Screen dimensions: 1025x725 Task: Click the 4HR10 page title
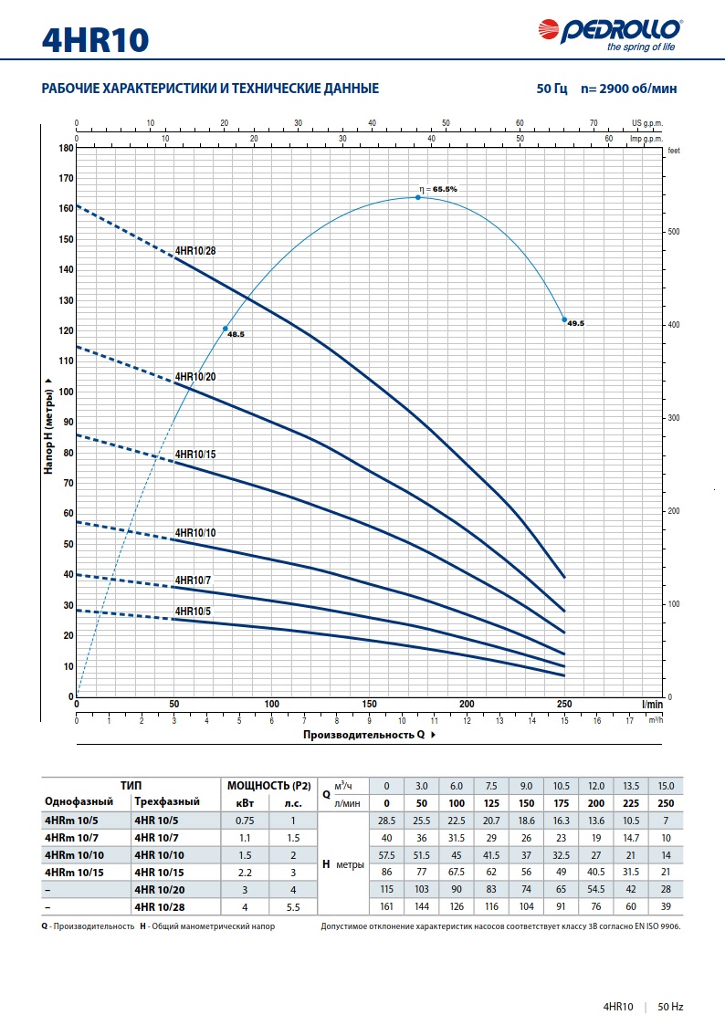coord(95,39)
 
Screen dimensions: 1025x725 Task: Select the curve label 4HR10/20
coord(195,376)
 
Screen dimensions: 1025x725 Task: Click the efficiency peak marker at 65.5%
coord(418,197)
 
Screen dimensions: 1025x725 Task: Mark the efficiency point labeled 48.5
coord(225,329)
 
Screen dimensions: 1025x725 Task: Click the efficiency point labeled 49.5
coord(564,319)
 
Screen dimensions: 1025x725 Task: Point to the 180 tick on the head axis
coord(66,148)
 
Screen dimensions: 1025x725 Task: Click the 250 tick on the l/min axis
coord(564,704)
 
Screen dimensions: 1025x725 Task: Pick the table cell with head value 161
coord(386,907)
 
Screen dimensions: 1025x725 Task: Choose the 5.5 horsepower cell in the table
coord(293,907)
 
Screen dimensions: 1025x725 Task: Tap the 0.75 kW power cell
coord(247,821)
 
